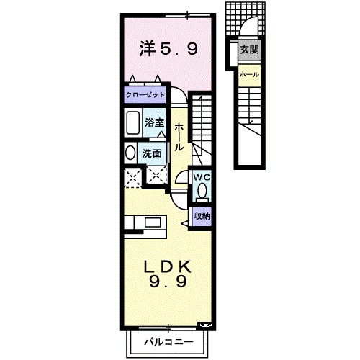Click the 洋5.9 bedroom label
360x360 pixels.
pyautogui.click(x=168, y=48)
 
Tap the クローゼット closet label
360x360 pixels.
pyautogui.click(x=145, y=94)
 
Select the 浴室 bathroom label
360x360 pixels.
pyautogui.click(x=153, y=122)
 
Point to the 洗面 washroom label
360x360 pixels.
pyautogui.click(x=151, y=153)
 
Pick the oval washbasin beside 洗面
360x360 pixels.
pyautogui.click(x=129, y=153)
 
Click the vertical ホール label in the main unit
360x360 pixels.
pyautogui.click(x=178, y=136)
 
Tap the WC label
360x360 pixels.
pyautogui.click(x=201, y=176)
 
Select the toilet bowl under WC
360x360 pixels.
pyautogui.click(x=202, y=191)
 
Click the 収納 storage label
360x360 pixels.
pyautogui.click(x=202, y=215)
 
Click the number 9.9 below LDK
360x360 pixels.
pyautogui.click(x=168, y=282)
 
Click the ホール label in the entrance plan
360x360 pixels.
pyautogui.click(x=249, y=75)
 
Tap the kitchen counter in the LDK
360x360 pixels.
pyautogui.click(x=145, y=224)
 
